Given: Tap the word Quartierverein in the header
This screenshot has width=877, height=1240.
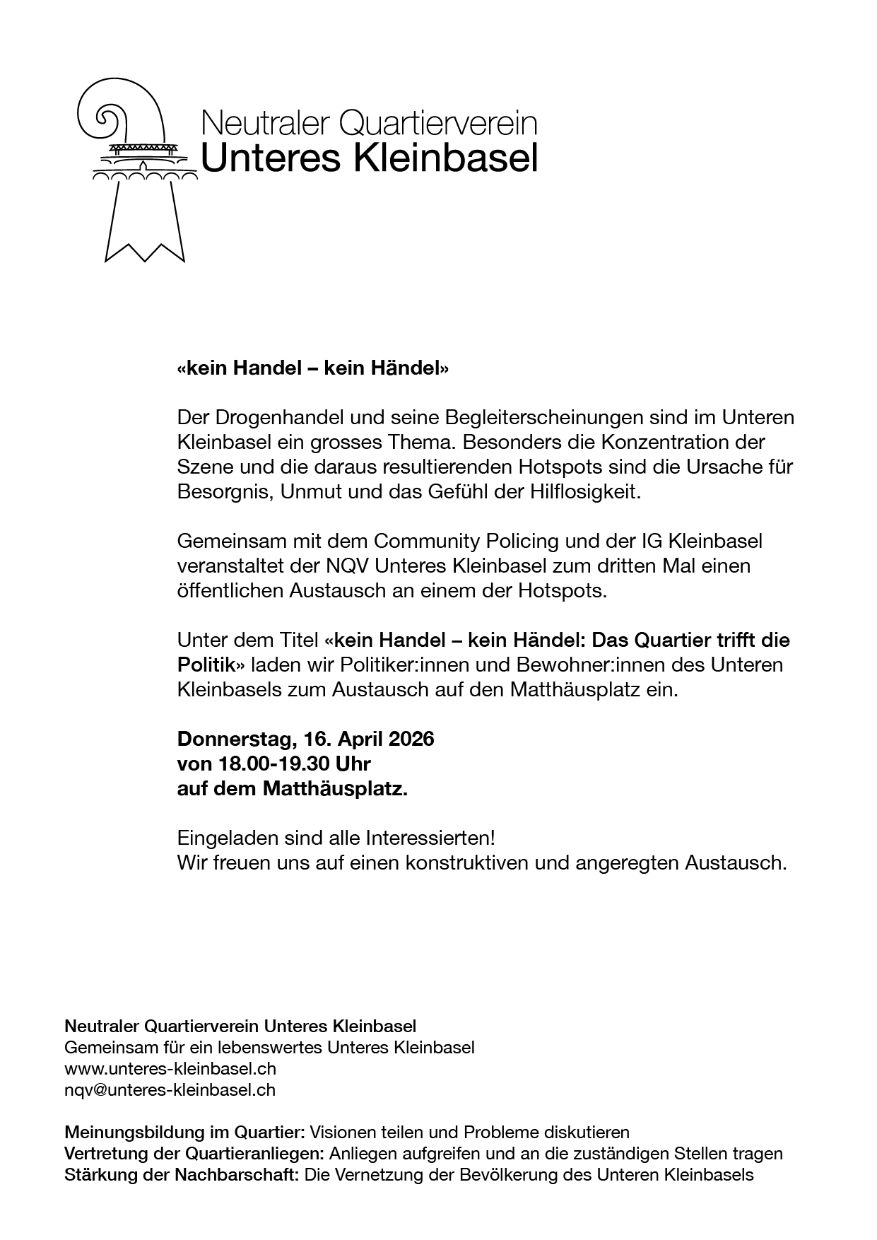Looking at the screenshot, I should coord(438,123).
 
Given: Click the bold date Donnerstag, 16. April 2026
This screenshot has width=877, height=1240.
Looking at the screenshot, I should coord(305,739).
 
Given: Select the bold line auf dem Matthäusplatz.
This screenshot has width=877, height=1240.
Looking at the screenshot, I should coord(293,788).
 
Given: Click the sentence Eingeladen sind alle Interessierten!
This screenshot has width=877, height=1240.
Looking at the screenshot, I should coord(336,838).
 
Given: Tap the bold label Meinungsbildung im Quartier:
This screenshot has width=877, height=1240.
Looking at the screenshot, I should coord(184,1133).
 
